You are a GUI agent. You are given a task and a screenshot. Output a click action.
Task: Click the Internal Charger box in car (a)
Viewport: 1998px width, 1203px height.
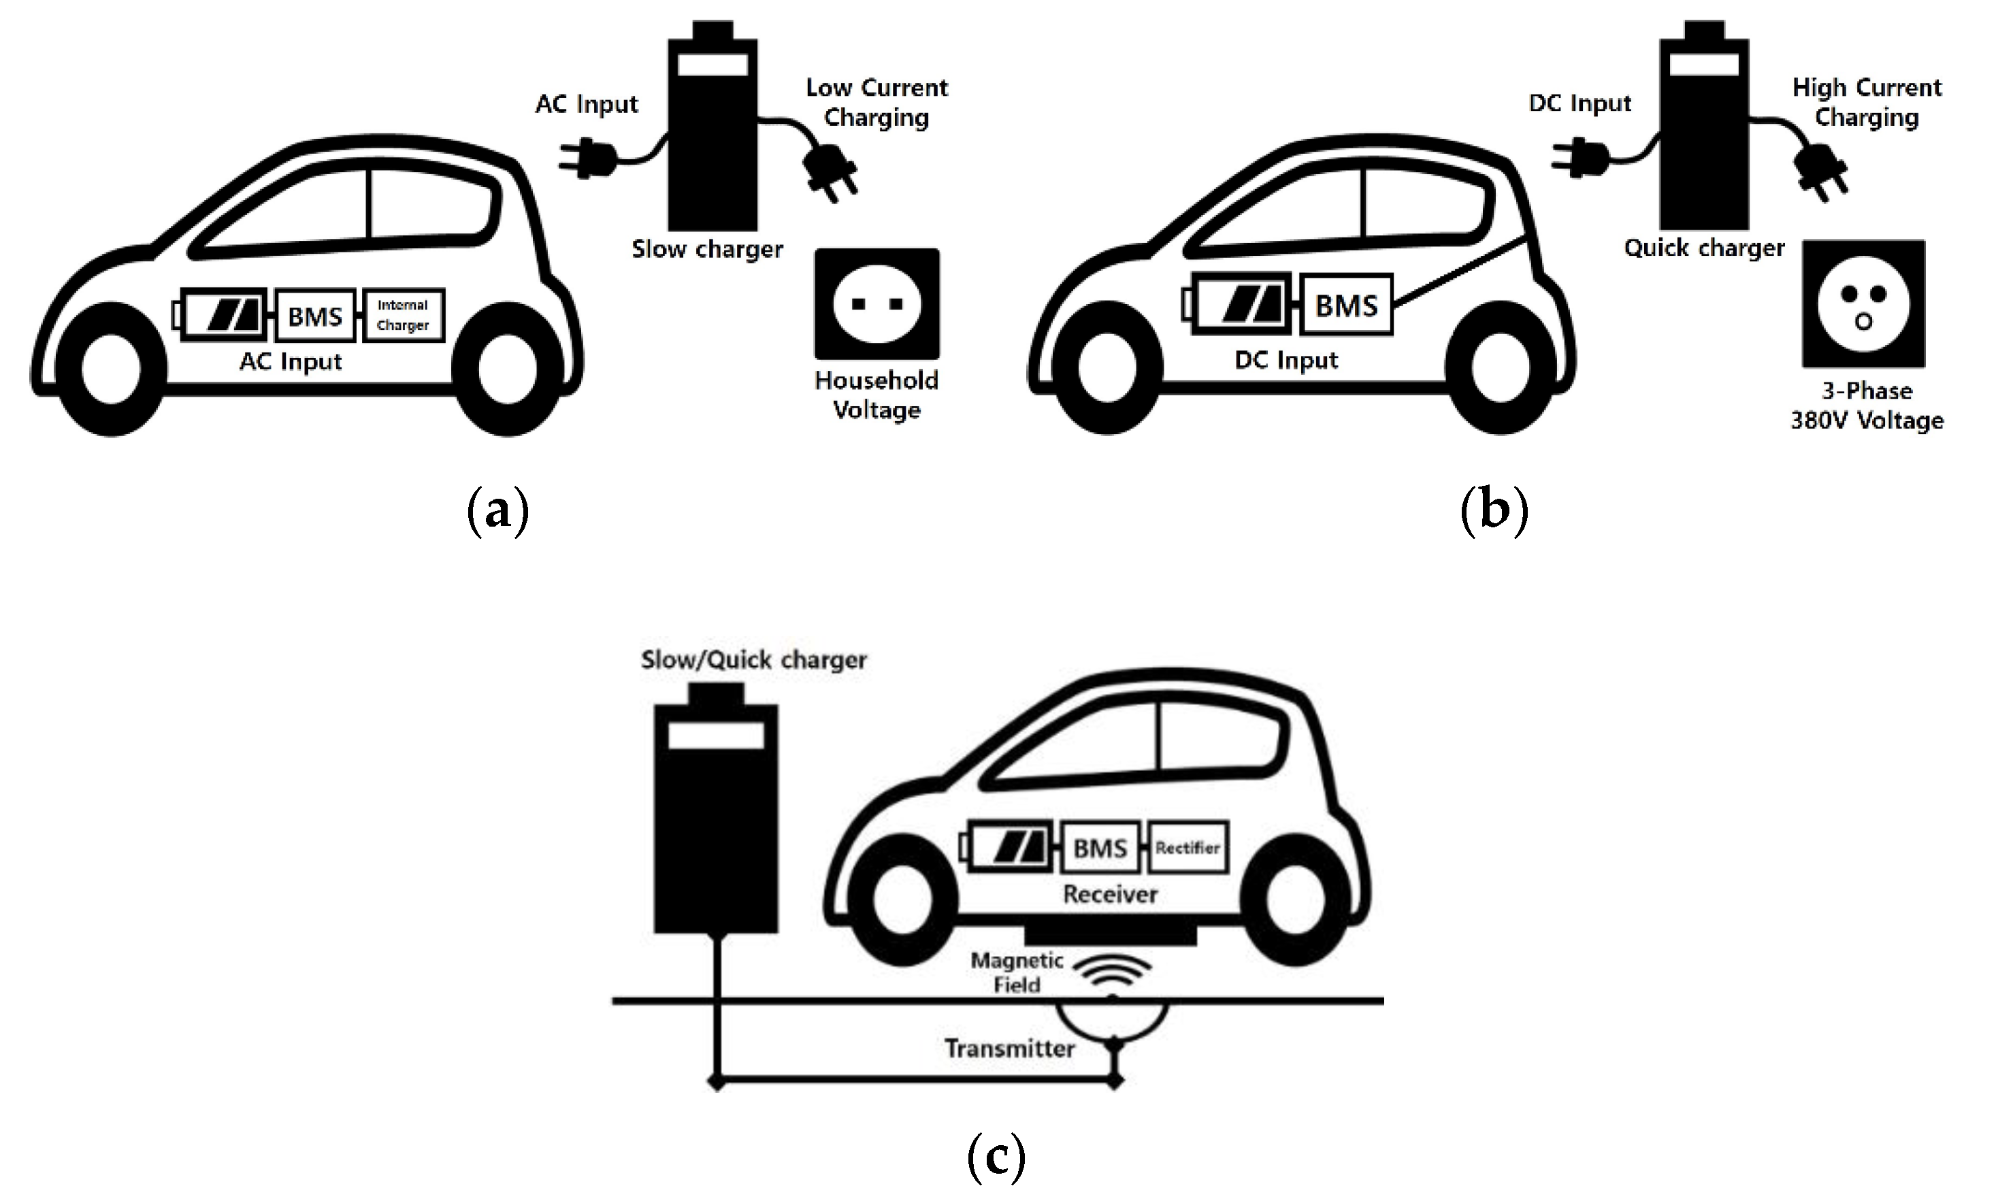403,315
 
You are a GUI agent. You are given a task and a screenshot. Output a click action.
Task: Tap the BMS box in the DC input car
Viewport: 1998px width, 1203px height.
1346,306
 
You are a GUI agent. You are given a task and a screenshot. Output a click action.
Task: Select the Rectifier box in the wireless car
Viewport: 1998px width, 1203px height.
1188,848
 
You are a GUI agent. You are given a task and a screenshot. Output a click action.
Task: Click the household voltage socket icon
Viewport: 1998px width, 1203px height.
877,304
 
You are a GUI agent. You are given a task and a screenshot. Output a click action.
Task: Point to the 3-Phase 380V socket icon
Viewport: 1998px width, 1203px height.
1863,304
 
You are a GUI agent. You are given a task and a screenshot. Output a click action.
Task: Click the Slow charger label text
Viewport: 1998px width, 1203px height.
708,249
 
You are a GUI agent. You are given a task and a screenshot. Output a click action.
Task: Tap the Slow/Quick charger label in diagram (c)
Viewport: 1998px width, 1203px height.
754,660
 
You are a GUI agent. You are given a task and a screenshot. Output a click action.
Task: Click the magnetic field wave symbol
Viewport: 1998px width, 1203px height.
1112,974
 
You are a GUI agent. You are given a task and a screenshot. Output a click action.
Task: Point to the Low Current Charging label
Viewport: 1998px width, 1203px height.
877,103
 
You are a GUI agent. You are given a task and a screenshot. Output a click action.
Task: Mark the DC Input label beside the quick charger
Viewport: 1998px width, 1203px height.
1579,103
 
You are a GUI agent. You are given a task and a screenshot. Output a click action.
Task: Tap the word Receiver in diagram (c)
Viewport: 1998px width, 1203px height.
1111,894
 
